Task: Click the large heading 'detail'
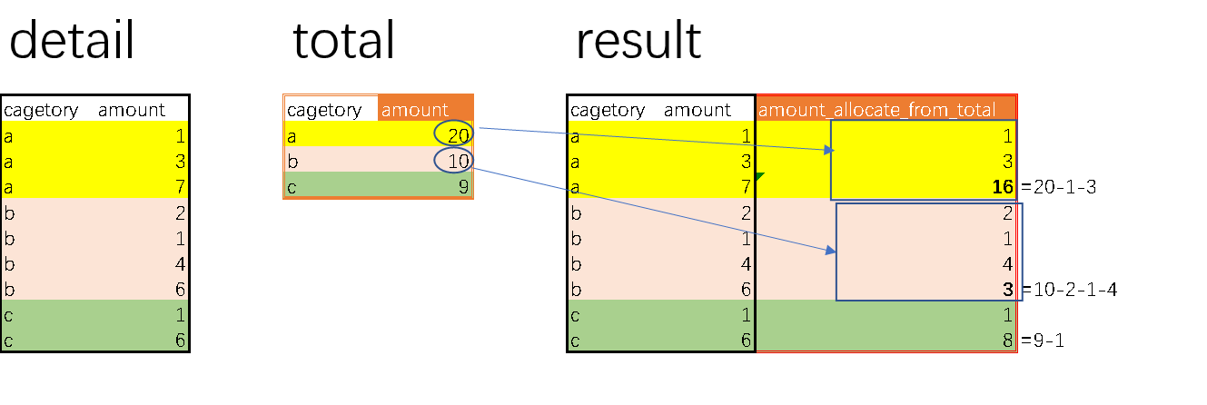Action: click(x=72, y=40)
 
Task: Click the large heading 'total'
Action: click(x=344, y=40)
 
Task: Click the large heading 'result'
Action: click(x=638, y=40)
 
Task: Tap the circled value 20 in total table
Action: click(x=459, y=135)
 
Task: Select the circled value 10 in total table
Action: click(x=459, y=161)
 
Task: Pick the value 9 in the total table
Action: click(x=463, y=187)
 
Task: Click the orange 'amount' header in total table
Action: click(x=414, y=110)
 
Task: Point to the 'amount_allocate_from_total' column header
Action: click(x=876, y=110)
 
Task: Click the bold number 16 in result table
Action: click(x=1003, y=187)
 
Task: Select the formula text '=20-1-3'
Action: click(x=1059, y=187)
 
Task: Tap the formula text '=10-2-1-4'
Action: click(x=1070, y=290)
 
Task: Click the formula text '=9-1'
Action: click(x=1043, y=341)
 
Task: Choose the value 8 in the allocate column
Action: click(x=1007, y=341)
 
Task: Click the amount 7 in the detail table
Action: click(x=181, y=187)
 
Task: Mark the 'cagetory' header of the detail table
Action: click(x=41, y=111)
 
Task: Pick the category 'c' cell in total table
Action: click(x=292, y=187)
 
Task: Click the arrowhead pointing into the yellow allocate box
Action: click(x=830, y=150)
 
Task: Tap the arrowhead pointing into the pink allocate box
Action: click(x=831, y=251)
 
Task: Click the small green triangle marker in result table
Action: click(x=760, y=176)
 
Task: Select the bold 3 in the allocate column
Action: click(x=1007, y=290)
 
